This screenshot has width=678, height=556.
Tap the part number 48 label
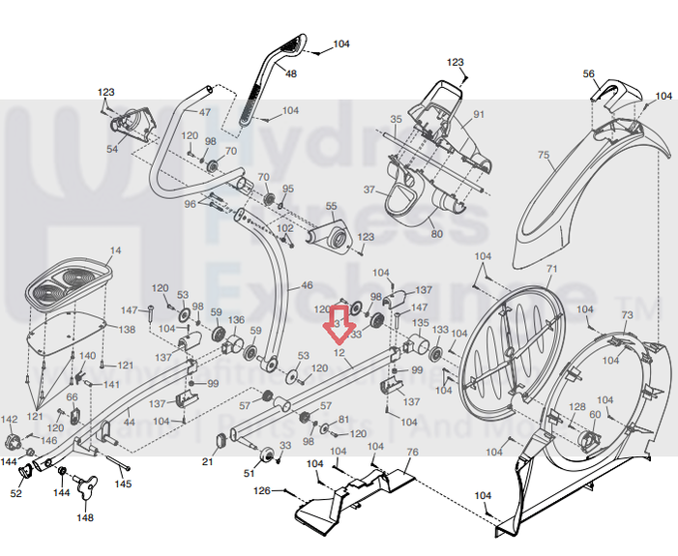[292, 74]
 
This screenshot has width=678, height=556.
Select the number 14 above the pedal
[115, 251]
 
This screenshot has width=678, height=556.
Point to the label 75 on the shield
[543, 155]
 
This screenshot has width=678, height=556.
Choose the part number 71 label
[552, 269]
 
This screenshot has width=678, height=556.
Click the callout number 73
[626, 316]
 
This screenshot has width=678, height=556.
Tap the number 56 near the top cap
[589, 74]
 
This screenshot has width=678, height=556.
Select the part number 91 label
[478, 115]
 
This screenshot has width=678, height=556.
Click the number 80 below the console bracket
[436, 233]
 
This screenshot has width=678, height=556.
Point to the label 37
[368, 189]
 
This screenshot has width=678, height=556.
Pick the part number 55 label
[330, 206]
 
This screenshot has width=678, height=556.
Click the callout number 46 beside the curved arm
[308, 285]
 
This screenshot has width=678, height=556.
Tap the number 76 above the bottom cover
[412, 453]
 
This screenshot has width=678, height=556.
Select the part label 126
[261, 491]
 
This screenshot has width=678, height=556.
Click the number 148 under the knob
[85, 517]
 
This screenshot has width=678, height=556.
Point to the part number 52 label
[16, 493]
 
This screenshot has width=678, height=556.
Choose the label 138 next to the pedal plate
[127, 330]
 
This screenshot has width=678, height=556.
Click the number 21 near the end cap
[207, 462]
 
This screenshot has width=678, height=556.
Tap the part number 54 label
[112, 150]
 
